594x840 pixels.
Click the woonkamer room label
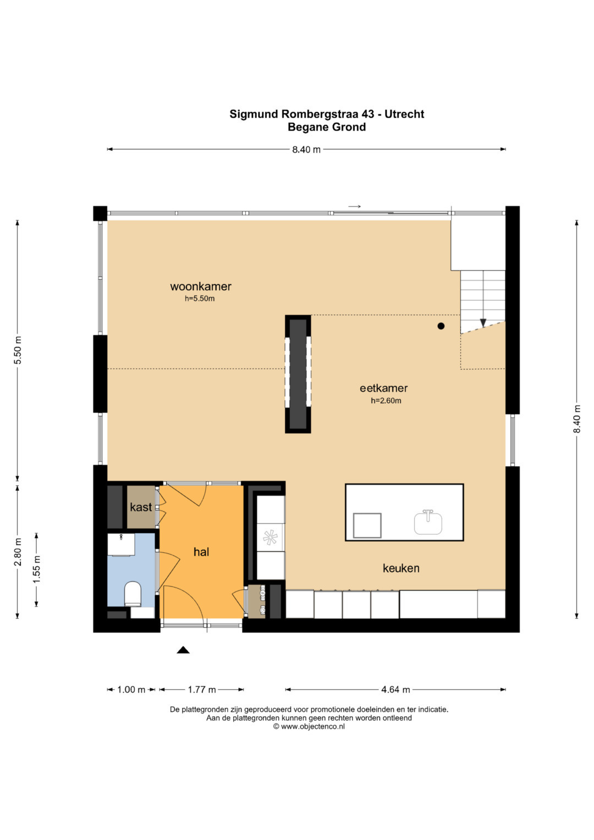coord(201,287)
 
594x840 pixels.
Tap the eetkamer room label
coord(384,388)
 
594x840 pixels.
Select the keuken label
coord(401,568)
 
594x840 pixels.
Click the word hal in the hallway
coord(201,552)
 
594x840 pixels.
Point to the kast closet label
coord(141,507)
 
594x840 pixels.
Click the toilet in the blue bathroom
coord(133,594)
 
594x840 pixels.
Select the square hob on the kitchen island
coord(367,525)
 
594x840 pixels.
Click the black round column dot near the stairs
coord(441,326)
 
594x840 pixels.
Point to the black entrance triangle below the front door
coord(183,650)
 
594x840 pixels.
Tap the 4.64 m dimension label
coord(395,689)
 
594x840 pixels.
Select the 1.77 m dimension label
coord(202,689)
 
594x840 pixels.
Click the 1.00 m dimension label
coord(131,689)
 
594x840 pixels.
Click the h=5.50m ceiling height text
coord(200,299)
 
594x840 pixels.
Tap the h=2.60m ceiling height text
coord(386,400)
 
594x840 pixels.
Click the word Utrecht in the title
coord(404,114)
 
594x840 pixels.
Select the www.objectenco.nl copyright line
coord(309,726)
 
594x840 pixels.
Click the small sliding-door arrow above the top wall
coord(354,207)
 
